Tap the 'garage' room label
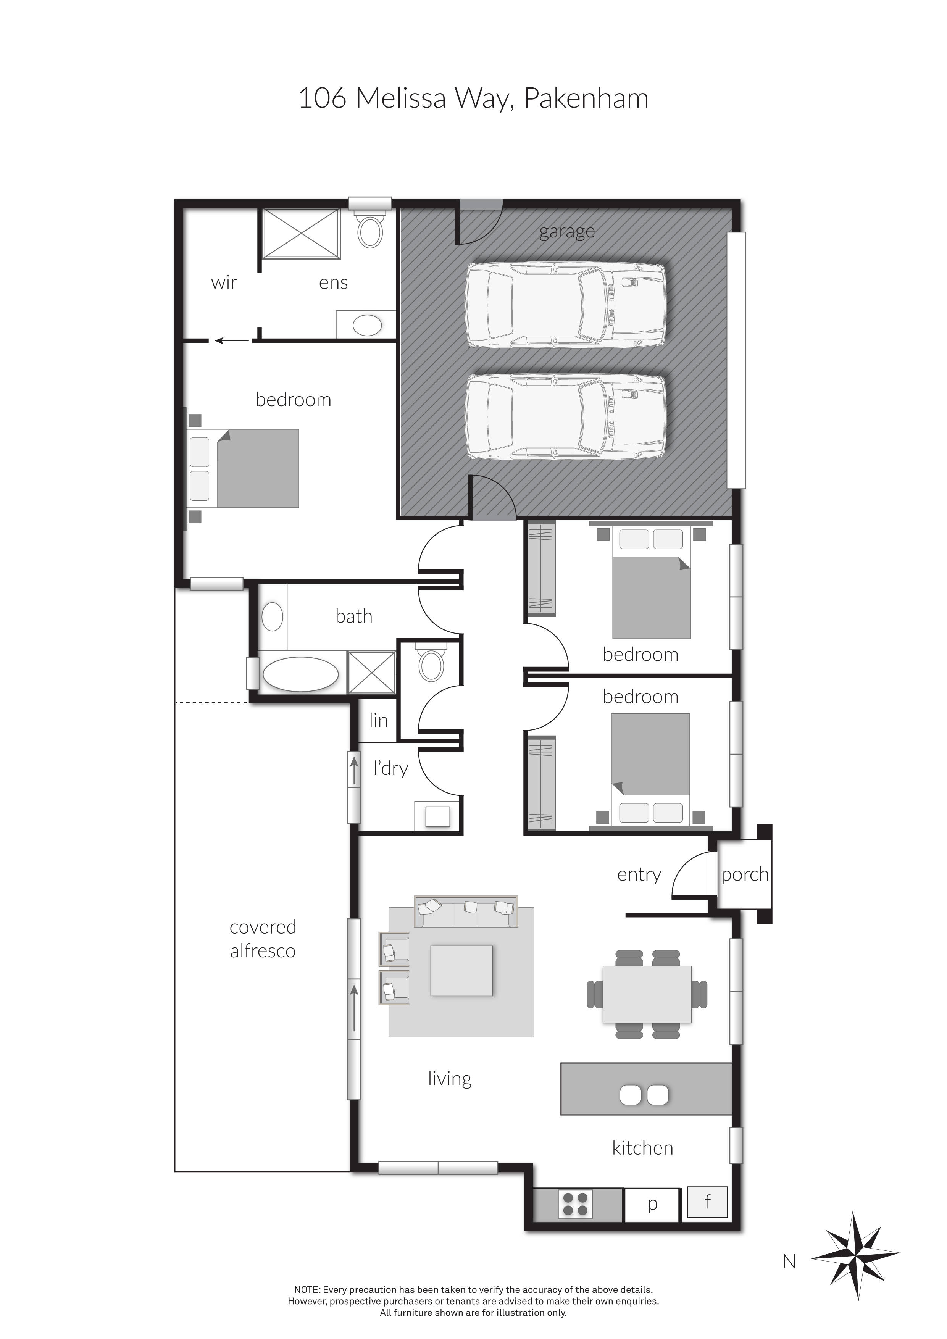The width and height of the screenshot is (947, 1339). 567,232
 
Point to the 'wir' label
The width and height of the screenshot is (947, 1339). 224,283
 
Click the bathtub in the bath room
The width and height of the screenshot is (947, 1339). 300,675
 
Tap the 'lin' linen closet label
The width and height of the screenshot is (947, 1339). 378,720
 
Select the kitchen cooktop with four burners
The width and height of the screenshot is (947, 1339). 576,1204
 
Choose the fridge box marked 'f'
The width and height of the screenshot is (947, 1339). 707,1202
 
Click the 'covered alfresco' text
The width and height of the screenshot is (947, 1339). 263,939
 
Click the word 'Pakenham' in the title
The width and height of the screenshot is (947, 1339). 586,98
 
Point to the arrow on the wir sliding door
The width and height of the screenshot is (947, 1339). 230,340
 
